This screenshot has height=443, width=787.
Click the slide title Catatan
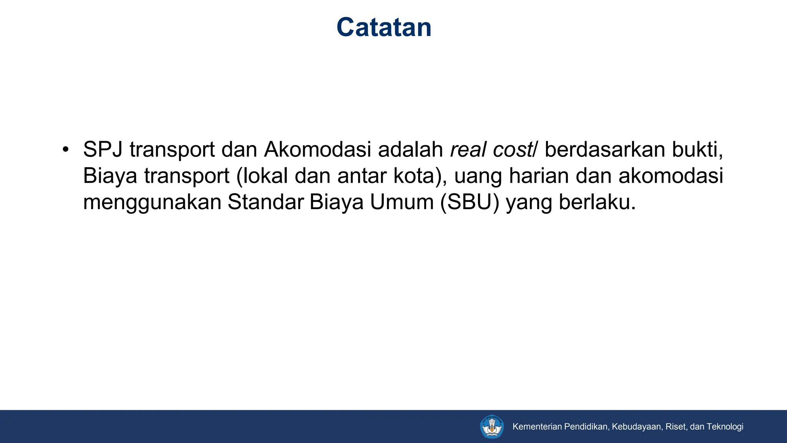(384, 28)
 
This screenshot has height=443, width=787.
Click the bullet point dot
(66, 149)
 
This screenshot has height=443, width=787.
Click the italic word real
(468, 150)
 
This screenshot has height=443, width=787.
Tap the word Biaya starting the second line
(110, 176)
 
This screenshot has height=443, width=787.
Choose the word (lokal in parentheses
(262, 176)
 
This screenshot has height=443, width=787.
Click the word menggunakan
(152, 203)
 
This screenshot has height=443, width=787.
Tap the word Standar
(266, 202)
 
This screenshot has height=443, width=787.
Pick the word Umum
(402, 202)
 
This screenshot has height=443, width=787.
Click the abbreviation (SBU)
(470, 202)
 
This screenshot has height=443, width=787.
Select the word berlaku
(597, 202)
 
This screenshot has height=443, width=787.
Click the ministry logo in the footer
(492, 426)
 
